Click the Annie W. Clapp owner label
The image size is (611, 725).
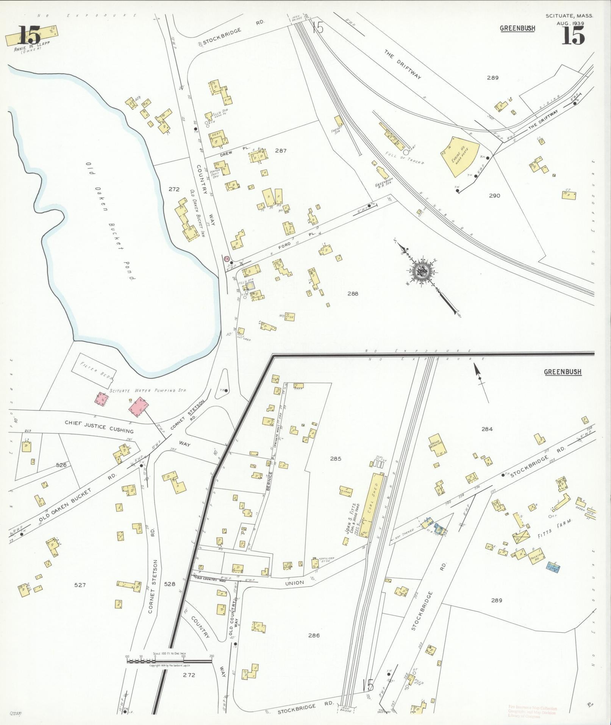32,49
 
